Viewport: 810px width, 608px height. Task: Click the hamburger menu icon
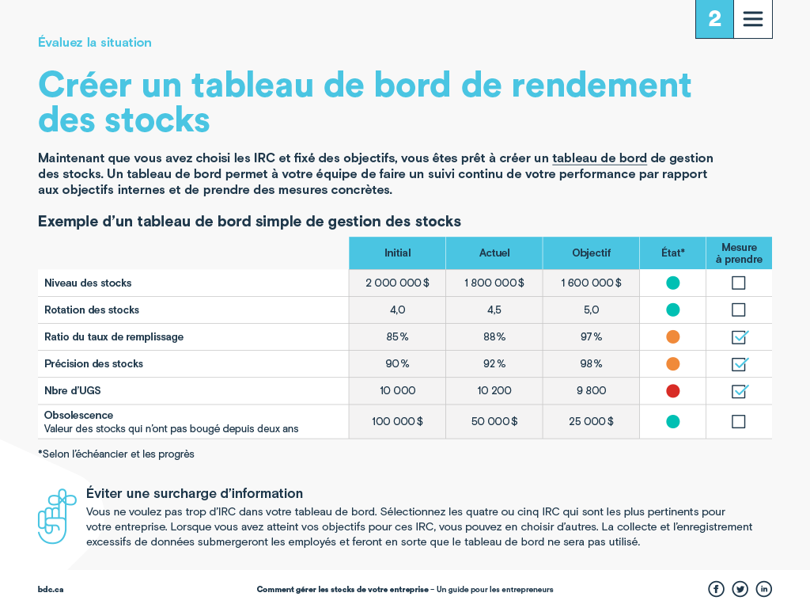pyautogui.click(x=753, y=19)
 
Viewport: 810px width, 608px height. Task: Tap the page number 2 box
pyautogui.click(x=714, y=19)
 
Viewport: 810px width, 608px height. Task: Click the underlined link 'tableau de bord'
pyautogui.click(x=600, y=158)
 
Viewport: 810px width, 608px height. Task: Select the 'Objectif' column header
pyautogui.click(x=591, y=253)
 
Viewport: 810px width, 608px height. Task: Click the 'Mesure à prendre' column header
pyautogui.click(x=739, y=253)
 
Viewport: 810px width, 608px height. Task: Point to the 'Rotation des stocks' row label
pyautogui.click(x=92, y=310)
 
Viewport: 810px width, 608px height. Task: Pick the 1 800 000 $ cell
pyautogui.click(x=494, y=283)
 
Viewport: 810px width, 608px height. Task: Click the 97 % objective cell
pyautogui.click(x=591, y=336)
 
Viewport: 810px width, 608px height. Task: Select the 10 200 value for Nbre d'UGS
pyautogui.click(x=494, y=390)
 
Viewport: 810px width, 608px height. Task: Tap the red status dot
pyautogui.click(x=673, y=390)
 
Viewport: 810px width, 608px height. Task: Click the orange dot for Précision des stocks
pyautogui.click(x=673, y=364)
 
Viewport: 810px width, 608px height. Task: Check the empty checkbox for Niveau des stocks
pyautogui.click(x=739, y=283)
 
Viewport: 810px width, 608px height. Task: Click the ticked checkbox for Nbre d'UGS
pyautogui.click(x=739, y=391)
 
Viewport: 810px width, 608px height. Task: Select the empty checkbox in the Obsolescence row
pyautogui.click(x=739, y=422)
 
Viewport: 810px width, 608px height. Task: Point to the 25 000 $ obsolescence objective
pyautogui.click(x=591, y=422)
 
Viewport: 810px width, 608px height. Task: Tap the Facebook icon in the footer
pyautogui.click(x=716, y=589)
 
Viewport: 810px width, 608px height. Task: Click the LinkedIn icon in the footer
pyautogui.click(x=763, y=589)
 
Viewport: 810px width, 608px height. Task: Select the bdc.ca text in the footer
pyautogui.click(x=51, y=590)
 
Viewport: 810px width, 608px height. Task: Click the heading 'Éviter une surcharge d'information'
pyautogui.click(x=195, y=493)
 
